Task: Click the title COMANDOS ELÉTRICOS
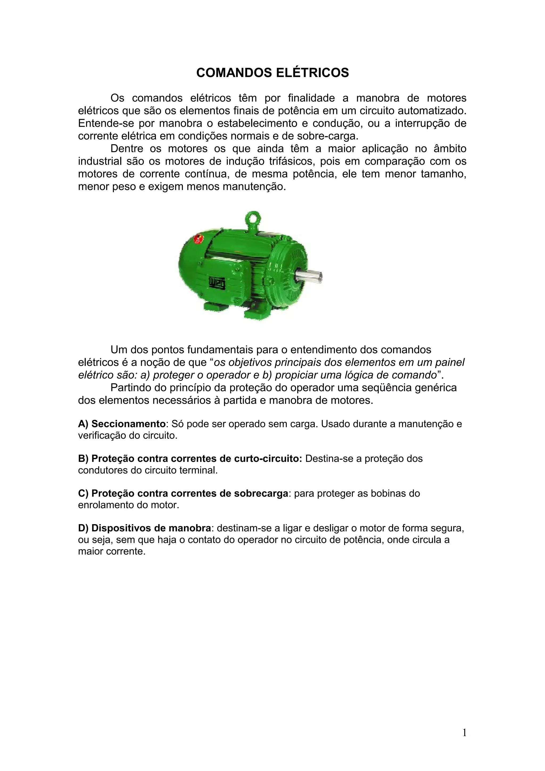click(272, 73)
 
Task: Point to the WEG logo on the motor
click(218, 282)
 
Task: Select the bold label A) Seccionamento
click(122, 424)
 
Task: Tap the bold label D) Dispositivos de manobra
click(144, 528)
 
